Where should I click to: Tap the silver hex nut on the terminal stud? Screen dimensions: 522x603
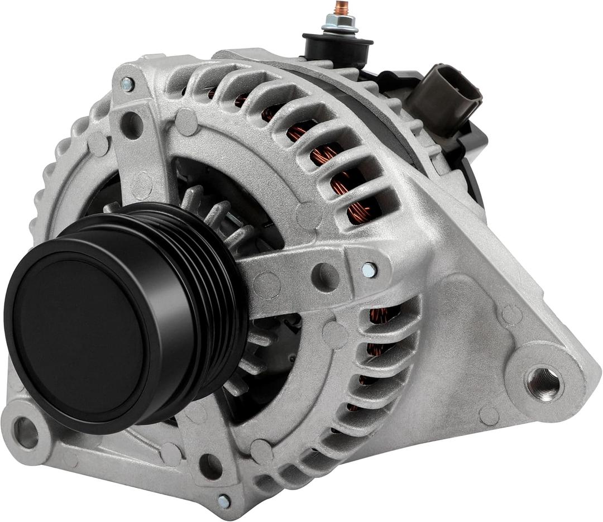coord(339,24)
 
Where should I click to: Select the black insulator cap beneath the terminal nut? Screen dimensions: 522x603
coord(337,46)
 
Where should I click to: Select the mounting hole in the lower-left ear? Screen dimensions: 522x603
coord(25,432)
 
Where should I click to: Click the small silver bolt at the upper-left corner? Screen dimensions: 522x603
coord(127,84)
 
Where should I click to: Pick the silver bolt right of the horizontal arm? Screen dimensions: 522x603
coord(368,270)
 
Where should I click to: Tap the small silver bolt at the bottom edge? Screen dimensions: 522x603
coord(224,500)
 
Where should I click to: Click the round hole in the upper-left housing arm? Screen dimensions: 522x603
coord(132,125)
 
